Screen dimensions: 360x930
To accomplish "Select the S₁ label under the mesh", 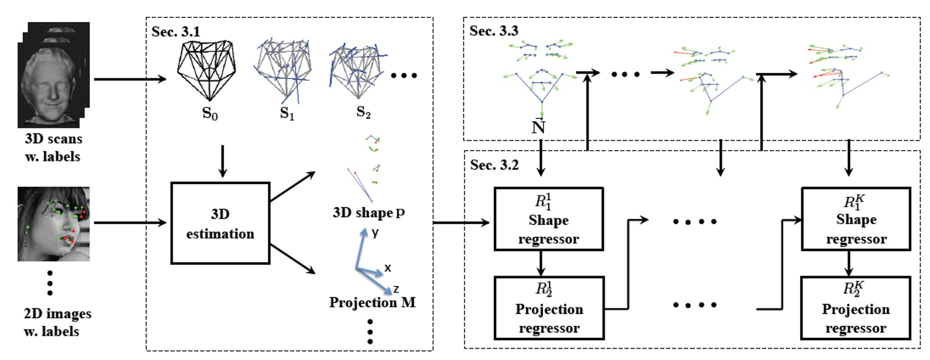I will click(287, 112).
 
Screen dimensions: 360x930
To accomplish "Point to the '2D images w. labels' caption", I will click(50, 321).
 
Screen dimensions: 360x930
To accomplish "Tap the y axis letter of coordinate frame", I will click(374, 233).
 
